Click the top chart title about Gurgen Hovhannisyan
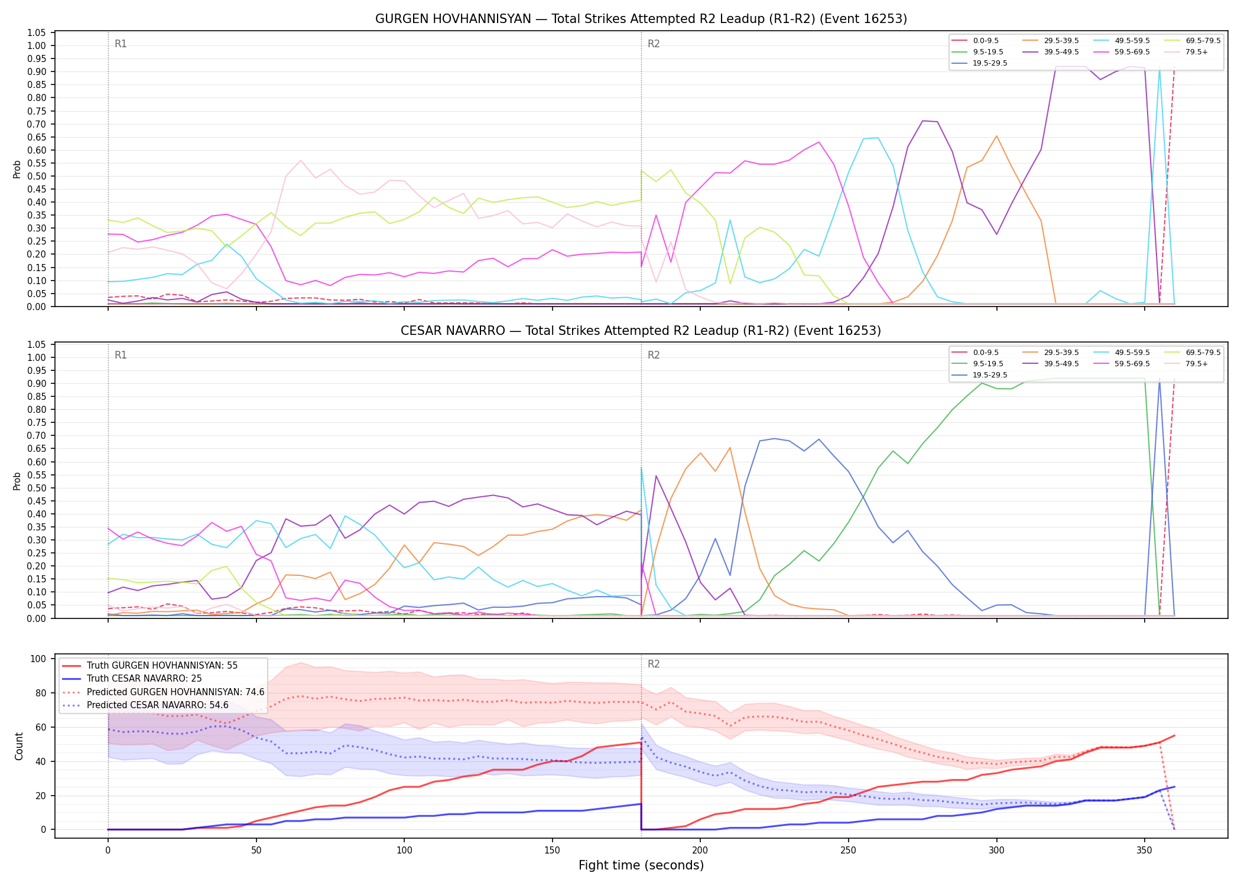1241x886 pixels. point(641,19)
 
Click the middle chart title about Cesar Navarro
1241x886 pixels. point(641,331)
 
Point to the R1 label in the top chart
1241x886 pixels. point(121,44)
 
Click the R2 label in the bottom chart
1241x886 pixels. point(654,664)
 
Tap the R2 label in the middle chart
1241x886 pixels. point(654,355)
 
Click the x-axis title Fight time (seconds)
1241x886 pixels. point(641,865)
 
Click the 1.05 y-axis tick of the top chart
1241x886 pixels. point(37,32)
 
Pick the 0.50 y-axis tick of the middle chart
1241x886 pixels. point(37,488)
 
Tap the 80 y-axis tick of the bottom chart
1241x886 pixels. point(41,693)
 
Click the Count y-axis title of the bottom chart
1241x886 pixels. point(19,746)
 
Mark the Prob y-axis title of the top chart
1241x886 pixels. point(17,170)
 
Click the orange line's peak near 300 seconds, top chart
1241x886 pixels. point(996,136)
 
